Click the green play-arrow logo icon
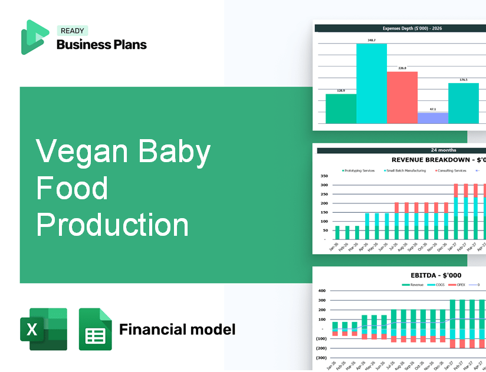[34, 37]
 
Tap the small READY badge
[72, 31]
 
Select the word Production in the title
[113, 225]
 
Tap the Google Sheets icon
[95, 329]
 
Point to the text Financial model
[177, 329]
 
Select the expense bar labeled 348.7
[372, 83]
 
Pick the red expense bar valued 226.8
[402, 97]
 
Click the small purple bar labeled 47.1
[432, 118]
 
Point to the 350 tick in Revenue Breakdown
[324, 176]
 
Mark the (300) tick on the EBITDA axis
[321, 358]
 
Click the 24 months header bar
[401, 150]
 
